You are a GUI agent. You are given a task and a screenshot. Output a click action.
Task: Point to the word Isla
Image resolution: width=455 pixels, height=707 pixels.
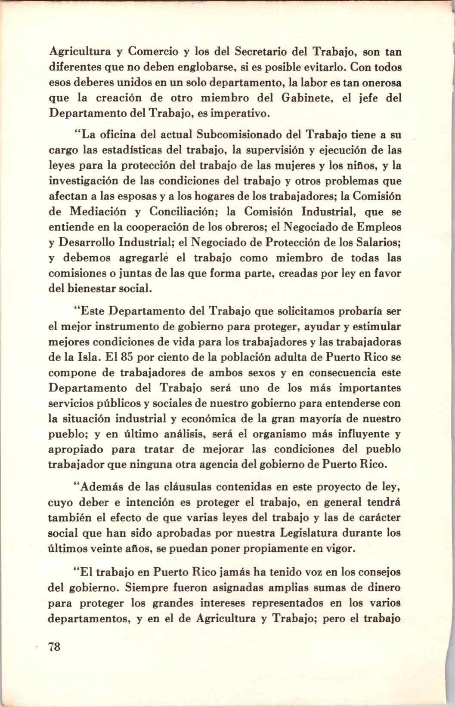click(89, 357)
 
